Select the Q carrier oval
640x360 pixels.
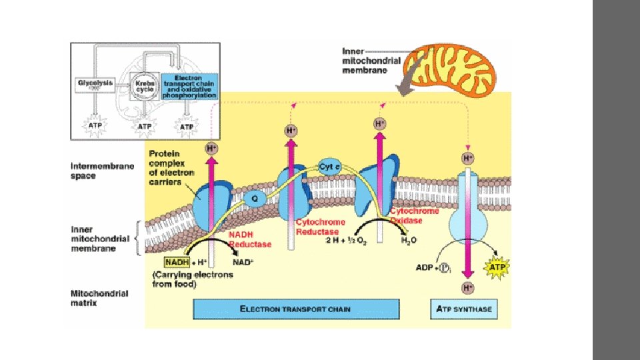click(x=255, y=197)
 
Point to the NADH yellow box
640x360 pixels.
click(x=177, y=262)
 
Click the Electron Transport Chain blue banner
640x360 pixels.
click(x=295, y=309)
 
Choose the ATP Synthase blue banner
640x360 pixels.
click(x=464, y=309)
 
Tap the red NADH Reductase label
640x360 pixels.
click(x=250, y=239)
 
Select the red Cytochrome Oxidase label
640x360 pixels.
click(x=414, y=215)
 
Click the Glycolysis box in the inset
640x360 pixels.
click(x=95, y=85)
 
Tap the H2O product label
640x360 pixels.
click(x=409, y=240)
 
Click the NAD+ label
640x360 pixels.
click(x=243, y=263)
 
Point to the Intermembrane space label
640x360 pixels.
click(x=93, y=171)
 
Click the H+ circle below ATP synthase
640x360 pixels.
click(x=467, y=288)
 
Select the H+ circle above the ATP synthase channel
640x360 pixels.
click(x=468, y=158)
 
